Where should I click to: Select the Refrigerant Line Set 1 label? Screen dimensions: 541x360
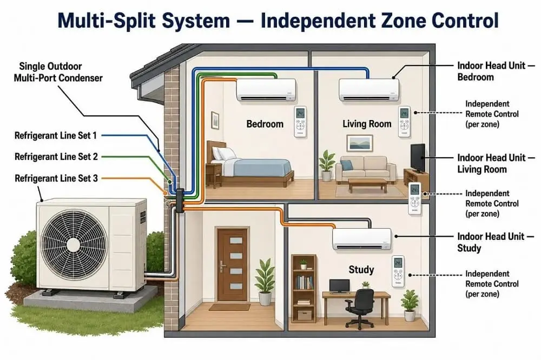56,136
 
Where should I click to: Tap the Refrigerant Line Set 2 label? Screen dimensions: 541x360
56,157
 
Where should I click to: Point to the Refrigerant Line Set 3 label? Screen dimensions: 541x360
56,178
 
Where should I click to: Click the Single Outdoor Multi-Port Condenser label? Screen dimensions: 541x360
58,72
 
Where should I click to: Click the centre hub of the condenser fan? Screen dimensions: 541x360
74,245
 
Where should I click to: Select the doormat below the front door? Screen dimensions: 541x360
229,307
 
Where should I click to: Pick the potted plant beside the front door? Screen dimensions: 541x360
265,282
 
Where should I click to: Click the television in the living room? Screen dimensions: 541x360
418,158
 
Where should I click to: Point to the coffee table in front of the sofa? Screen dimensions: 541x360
367,185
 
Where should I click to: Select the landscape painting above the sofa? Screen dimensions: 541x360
360,143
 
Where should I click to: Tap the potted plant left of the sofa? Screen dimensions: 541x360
326,165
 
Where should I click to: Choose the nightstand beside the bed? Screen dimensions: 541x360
213,175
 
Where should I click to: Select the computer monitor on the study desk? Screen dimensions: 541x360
339,286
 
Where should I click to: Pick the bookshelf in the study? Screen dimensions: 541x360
304,289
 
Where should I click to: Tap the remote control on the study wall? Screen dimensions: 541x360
398,271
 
